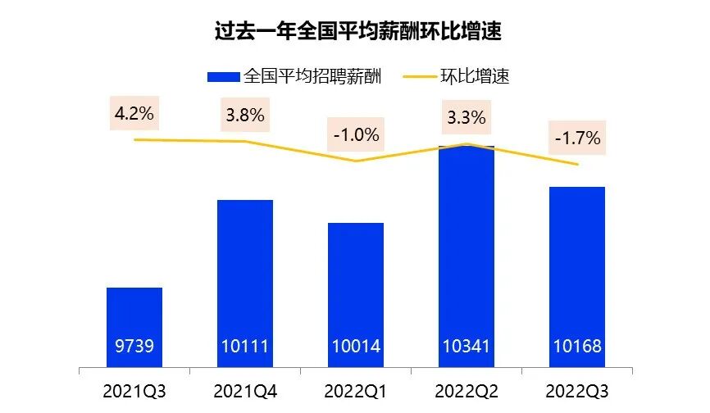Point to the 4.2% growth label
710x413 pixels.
click(134, 113)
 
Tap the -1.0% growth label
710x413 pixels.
click(355, 135)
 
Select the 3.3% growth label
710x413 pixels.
click(466, 116)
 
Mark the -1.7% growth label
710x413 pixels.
click(576, 138)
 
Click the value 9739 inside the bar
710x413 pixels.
click(134, 347)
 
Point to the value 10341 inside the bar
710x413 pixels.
click(466, 347)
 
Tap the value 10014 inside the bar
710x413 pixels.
click(355, 347)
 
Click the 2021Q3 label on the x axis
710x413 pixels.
click(134, 392)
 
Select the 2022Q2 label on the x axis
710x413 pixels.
click(466, 392)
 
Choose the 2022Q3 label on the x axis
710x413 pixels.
click(576, 392)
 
